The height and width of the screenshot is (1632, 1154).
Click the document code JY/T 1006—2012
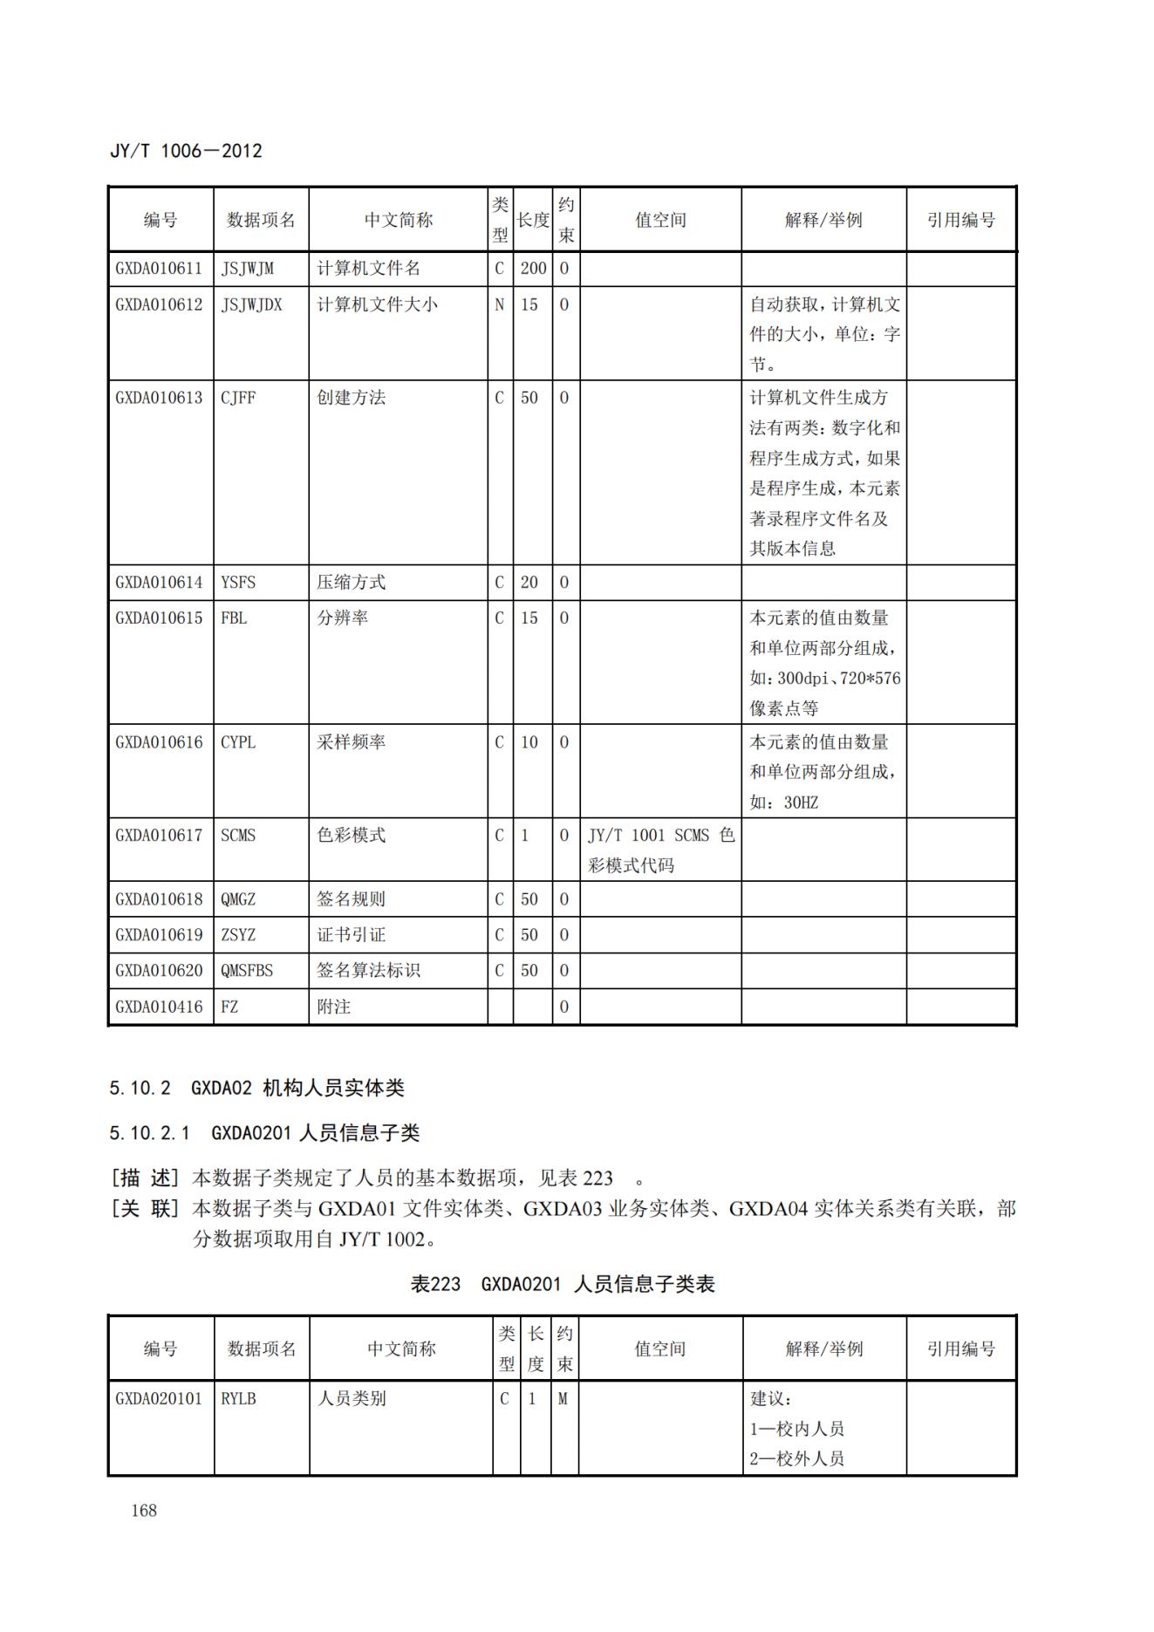click(186, 151)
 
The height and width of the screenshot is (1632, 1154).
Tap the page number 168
click(144, 1510)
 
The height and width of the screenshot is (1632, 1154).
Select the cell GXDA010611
click(159, 269)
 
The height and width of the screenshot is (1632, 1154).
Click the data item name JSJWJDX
click(251, 304)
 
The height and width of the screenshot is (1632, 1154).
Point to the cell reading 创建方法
click(351, 398)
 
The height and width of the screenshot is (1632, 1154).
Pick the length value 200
click(533, 269)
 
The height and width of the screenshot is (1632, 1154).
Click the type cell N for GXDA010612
click(500, 304)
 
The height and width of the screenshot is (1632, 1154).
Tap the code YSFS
click(238, 583)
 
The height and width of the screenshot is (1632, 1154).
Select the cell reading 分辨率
click(342, 618)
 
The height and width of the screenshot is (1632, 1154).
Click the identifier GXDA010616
click(159, 742)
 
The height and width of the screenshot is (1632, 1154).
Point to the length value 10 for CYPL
click(529, 742)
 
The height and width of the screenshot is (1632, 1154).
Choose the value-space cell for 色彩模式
click(660, 850)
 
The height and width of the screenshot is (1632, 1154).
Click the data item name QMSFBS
click(247, 970)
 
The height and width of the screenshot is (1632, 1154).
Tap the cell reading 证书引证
click(351, 935)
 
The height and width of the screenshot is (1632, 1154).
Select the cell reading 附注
click(333, 1007)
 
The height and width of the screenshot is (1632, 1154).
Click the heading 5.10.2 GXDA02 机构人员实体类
click(256, 1088)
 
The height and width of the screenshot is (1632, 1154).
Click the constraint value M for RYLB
click(563, 1398)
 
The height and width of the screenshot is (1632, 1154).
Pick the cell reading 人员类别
click(351, 1398)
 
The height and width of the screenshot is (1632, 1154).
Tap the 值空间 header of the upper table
click(660, 220)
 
